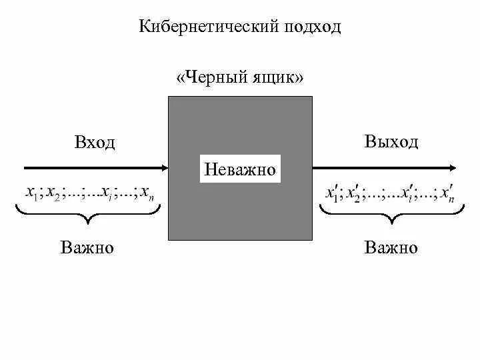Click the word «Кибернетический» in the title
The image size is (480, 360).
click(x=209, y=27)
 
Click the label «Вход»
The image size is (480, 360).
click(x=95, y=142)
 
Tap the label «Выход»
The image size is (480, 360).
click(x=391, y=141)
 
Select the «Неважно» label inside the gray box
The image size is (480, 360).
click(x=240, y=169)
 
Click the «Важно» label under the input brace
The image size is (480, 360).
click(x=87, y=248)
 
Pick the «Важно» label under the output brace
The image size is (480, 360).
click(x=391, y=248)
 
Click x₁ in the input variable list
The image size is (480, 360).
click(x=31, y=193)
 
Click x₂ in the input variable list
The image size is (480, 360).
click(x=53, y=193)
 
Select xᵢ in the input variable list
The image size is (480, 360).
click(x=106, y=193)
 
